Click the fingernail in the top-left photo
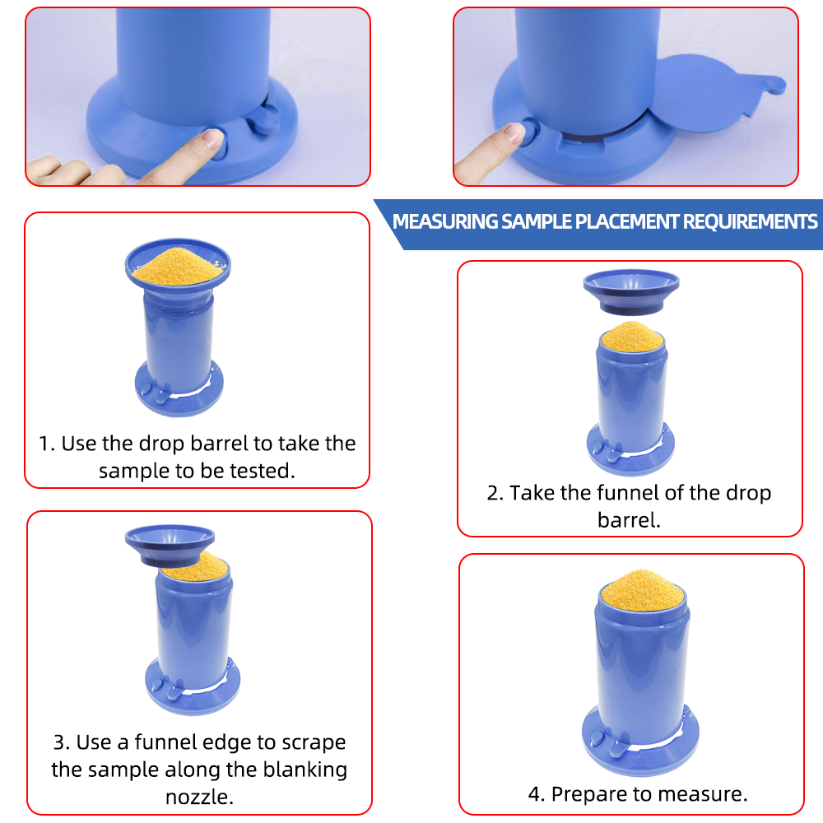tap(215, 137)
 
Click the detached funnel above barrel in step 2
tap(630, 291)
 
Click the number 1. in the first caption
tap(47, 444)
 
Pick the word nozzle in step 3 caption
tap(198, 797)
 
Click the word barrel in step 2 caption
tap(630, 520)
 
